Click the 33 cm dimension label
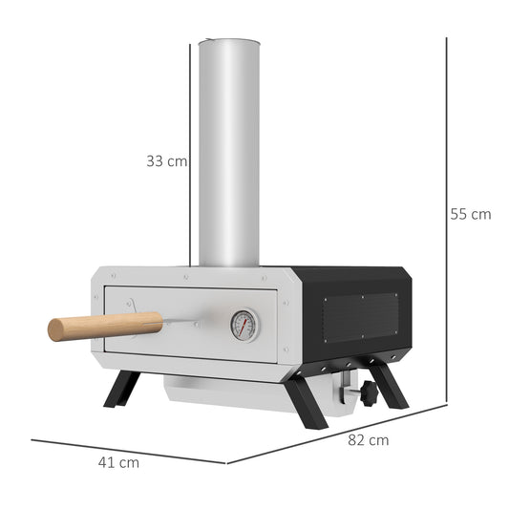pos(166,161)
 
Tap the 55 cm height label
pos(470,215)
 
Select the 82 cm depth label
pos(367,440)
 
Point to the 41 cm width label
pos(118,462)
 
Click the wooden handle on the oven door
pos(91,326)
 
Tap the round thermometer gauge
pos(244,326)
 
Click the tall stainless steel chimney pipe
pos(229,153)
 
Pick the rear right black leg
pos(387,383)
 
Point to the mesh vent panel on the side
pos(360,316)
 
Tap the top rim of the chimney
pos(229,41)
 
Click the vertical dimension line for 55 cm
pos(446,220)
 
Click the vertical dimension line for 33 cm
pos(191,153)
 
